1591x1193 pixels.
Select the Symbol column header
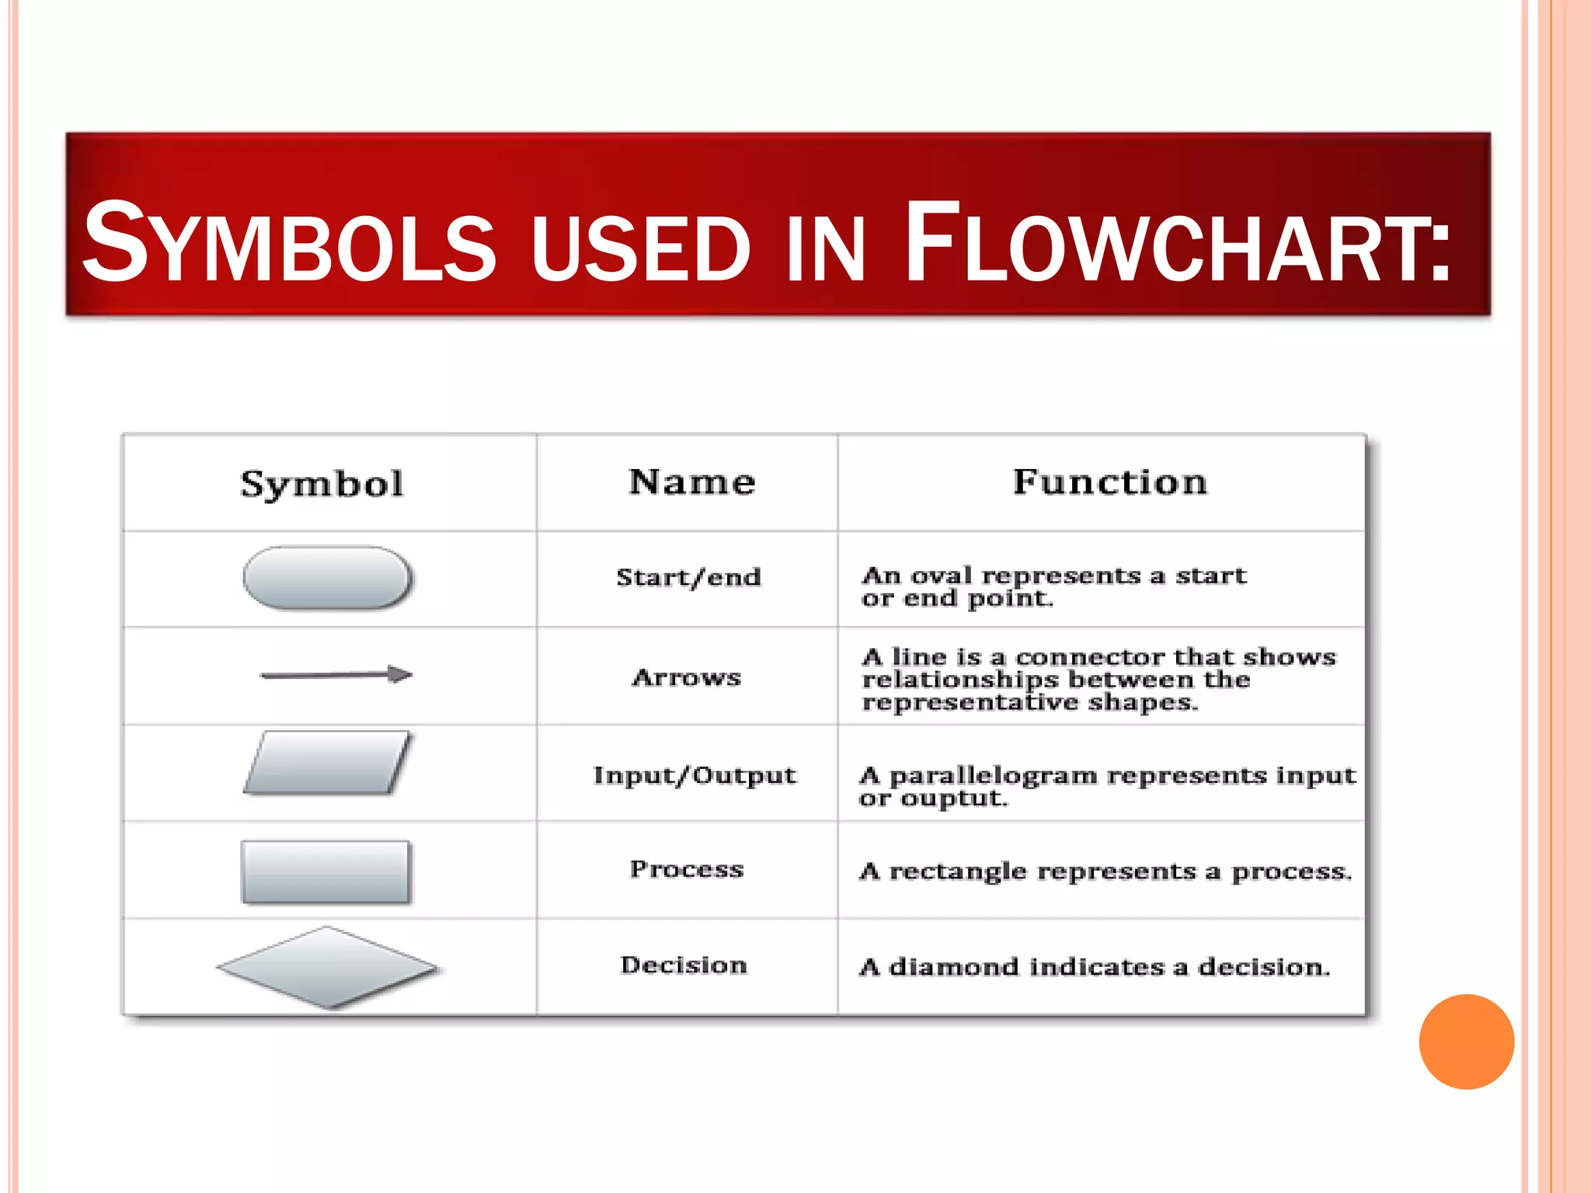[322, 484]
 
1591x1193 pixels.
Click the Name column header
[691, 482]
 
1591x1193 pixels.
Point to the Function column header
[1110, 482]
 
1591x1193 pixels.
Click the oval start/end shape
[327, 578]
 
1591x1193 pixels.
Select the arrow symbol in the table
[336, 674]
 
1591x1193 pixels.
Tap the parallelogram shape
[327, 763]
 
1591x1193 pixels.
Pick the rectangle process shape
[326, 871]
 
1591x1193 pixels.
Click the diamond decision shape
[327, 967]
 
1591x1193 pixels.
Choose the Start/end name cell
[688, 577]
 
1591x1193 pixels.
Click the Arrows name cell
[687, 677]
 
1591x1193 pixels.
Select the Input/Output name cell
[695, 775]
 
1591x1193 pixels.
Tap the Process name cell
[687, 869]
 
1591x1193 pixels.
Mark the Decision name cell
[684, 965]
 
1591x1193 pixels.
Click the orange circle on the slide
[1466, 1042]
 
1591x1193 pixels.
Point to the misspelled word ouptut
[954, 798]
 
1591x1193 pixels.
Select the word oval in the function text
[941, 576]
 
